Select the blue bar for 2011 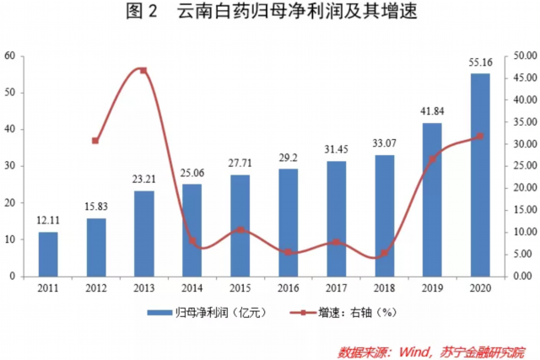[48, 254]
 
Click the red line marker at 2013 [143, 70]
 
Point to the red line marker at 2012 [95, 141]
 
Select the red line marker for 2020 [480, 137]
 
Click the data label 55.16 [480, 61]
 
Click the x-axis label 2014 [192, 287]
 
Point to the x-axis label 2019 [432, 287]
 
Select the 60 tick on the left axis [10, 56]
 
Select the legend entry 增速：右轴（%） [352, 313]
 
